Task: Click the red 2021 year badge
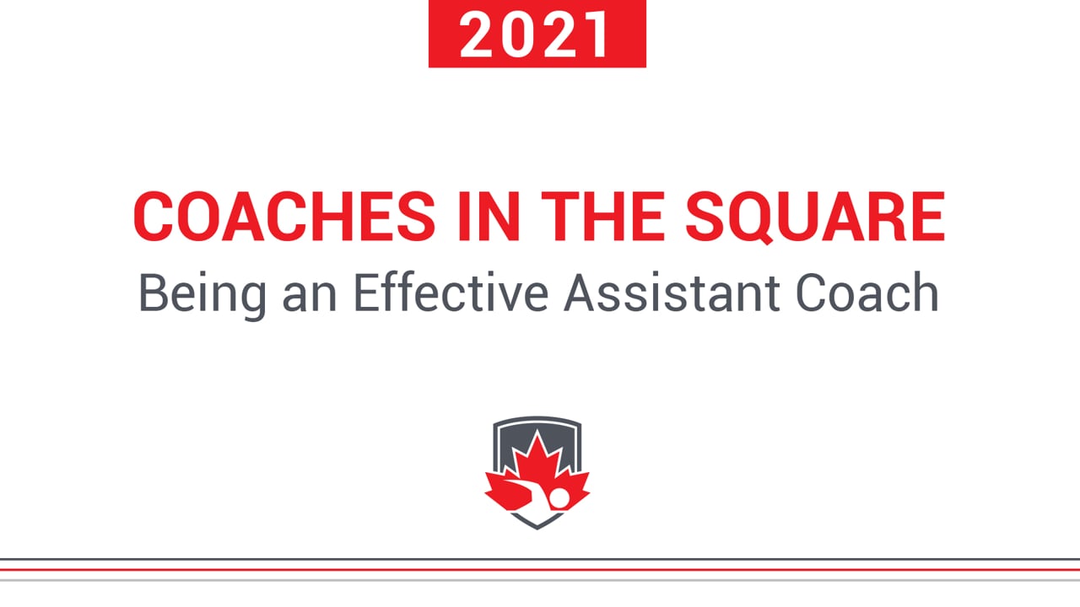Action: pyautogui.click(x=537, y=33)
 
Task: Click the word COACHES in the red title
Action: pyautogui.click(x=284, y=217)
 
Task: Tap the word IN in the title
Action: pyautogui.click(x=489, y=217)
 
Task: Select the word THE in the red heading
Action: pyautogui.click(x=602, y=217)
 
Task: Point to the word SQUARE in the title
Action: pyautogui.click(x=815, y=217)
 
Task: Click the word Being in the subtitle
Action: pyautogui.click(x=202, y=294)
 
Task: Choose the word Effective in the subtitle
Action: pyautogui.click(x=451, y=293)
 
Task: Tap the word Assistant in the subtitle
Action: pyautogui.click(x=672, y=293)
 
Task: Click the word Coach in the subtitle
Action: pyautogui.click(x=867, y=293)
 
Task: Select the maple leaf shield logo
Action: pyautogui.click(x=537, y=473)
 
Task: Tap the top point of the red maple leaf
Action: pyautogui.click(x=537, y=430)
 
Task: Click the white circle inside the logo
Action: pyautogui.click(x=559, y=497)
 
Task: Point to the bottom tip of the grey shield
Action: pyautogui.click(x=537, y=529)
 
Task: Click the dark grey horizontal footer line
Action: pyautogui.click(x=540, y=559)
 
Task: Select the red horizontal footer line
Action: pyautogui.click(x=540, y=570)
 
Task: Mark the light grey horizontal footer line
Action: pyautogui.click(x=540, y=580)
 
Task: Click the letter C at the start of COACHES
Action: pyautogui.click(x=153, y=217)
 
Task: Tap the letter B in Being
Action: pyautogui.click(x=153, y=293)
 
